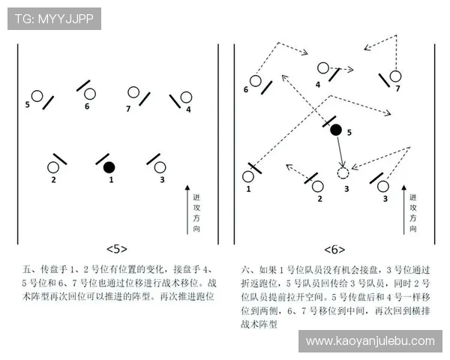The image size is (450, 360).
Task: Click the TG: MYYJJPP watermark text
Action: [x=54, y=19]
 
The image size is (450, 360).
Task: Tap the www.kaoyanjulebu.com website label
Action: [x=370, y=340]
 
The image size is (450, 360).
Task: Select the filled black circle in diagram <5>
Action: [x=109, y=166]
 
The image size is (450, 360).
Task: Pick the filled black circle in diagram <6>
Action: [x=336, y=130]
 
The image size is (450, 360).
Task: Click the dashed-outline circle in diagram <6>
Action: [x=343, y=173]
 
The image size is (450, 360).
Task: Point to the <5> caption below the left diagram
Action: [x=117, y=248]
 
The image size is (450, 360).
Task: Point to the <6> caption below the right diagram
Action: [x=335, y=248]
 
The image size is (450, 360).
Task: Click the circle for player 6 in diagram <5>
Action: [x=90, y=94]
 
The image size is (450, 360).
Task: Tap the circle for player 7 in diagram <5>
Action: [x=133, y=92]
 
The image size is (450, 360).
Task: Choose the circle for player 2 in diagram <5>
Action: [x=54, y=167]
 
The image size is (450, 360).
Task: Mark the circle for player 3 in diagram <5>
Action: [x=163, y=167]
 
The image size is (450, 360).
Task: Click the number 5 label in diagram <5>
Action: [x=28, y=105]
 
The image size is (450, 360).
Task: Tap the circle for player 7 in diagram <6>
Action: [x=395, y=76]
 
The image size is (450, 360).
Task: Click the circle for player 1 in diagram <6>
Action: [x=248, y=177]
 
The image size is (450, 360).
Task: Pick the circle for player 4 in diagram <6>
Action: [x=323, y=67]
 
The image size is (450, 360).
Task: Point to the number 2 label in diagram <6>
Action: [x=319, y=199]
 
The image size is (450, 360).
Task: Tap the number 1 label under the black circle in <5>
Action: [x=111, y=180]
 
